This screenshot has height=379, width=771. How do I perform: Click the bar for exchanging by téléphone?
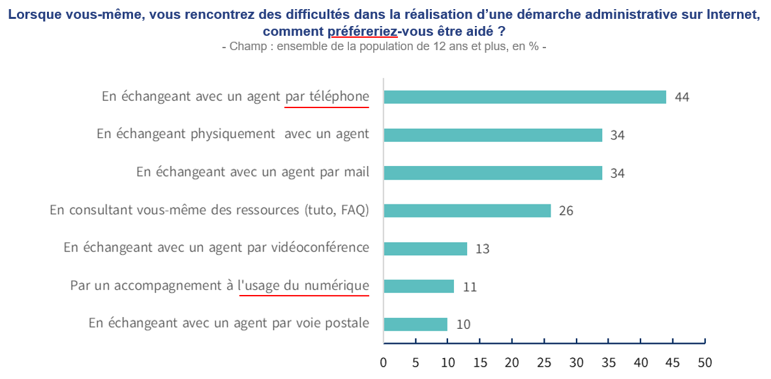pyautogui.click(x=524, y=97)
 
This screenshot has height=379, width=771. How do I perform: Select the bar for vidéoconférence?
pyautogui.click(x=425, y=249)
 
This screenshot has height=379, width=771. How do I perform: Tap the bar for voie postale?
pyautogui.click(x=416, y=324)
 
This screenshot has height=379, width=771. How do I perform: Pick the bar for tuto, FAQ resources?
pyautogui.click(x=467, y=211)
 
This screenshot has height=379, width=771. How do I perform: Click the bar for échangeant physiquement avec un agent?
pyautogui.click(x=492, y=135)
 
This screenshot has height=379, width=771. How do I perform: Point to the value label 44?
pyautogui.click(x=682, y=98)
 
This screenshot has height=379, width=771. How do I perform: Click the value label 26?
pyautogui.click(x=566, y=211)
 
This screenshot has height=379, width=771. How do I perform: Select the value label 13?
pyautogui.click(x=482, y=249)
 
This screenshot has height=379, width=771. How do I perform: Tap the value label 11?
pyautogui.click(x=469, y=287)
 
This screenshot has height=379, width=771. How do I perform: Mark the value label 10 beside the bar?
pyautogui.click(x=463, y=324)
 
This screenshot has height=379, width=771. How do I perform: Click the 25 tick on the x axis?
pyautogui.click(x=544, y=362)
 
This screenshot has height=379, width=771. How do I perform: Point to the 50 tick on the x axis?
pyautogui.click(x=704, y=362)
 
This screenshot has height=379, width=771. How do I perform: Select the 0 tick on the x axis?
pyautogui.click(x=384, y=362)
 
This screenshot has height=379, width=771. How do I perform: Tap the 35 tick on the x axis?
pyautogui.click(x=609, y=362)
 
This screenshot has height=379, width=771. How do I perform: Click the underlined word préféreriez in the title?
pyautogui.click(x=362, y=31)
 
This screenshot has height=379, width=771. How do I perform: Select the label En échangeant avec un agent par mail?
pyautogui.click(x=252, y=173)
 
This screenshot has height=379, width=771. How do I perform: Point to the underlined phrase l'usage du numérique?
pyautogui.click(x=303, y=286)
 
